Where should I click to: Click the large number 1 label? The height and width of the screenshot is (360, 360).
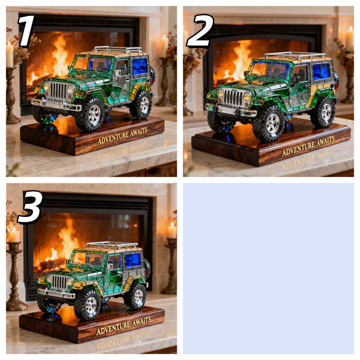[26, 31]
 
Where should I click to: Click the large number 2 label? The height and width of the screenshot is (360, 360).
[200, 31]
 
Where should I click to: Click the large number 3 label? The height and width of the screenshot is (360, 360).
[30, 207]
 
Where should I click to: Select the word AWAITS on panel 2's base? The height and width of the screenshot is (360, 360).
[325, 141]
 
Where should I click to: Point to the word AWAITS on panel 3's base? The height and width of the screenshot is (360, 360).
[141, 321]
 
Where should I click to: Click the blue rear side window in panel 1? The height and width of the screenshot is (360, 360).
[139, 66]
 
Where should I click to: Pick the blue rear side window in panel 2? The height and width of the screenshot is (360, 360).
[321, 71]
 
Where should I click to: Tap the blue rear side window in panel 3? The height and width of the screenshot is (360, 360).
[133, 260]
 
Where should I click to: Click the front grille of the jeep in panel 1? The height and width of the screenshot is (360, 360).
[58, 91]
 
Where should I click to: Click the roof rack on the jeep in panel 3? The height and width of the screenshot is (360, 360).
[112, 245]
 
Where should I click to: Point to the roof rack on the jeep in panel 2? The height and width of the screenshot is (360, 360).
[295, 55]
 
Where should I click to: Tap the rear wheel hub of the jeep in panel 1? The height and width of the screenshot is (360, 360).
[144, 105]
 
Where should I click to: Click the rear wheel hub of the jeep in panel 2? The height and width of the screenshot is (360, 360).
[326, 112]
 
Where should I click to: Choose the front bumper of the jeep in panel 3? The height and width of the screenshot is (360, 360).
[56, 293]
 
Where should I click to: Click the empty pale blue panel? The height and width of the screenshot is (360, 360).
[268, 268]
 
